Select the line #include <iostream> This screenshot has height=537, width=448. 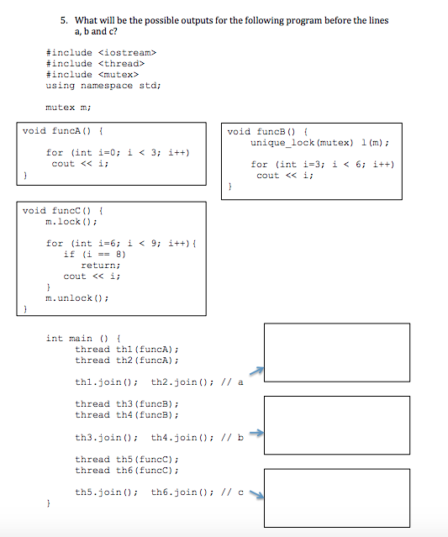coord(101,53)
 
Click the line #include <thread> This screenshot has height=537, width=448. coord(95,64)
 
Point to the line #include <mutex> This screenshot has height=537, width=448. coord(92,75)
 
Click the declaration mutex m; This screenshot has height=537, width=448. coord(69,108)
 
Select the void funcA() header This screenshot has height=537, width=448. coord(62,132)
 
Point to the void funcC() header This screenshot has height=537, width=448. coord(62,210)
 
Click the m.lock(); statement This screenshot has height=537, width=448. coord(72,221)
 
